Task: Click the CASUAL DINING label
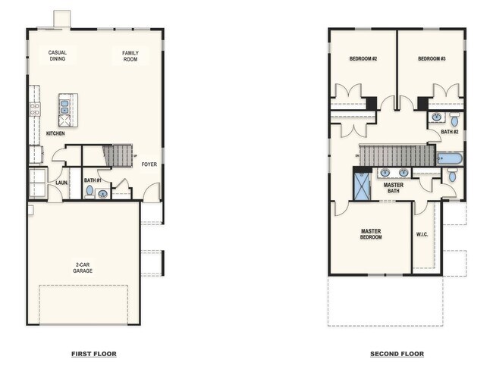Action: tap(58, 55)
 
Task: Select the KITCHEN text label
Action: tap(55, 133)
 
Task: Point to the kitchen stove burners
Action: tap(34, 109)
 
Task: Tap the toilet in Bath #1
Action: tap(90, 192)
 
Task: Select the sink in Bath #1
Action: tap(103, 194)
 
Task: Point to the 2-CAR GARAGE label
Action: tap(83, 267)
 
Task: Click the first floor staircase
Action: tap(118, 157)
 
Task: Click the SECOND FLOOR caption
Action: tap(397, 354)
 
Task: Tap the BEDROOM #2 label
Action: tap(363, 58)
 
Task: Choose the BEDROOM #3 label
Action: tap(431, 58)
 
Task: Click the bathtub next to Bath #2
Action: tap(449, 159)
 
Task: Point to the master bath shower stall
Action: tap(362, 185)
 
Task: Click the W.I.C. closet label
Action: tap(423, 234)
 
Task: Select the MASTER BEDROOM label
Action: tap(371, 234)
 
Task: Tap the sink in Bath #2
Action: tap(437, 117)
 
